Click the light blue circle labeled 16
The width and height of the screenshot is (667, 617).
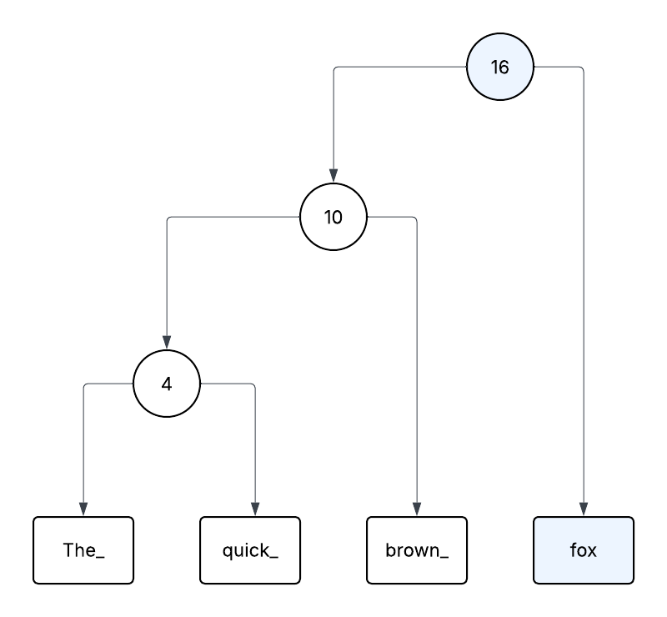(x=500, y=67)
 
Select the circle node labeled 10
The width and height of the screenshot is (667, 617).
(x=333, y=217)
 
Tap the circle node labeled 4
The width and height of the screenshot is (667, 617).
(x=167, y=384)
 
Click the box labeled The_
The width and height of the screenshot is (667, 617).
(x=83, y=550)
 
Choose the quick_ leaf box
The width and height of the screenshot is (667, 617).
(x=250, y=550)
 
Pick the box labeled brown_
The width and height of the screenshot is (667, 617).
(x=417, y=550)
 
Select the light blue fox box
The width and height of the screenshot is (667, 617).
(x=584, y=550)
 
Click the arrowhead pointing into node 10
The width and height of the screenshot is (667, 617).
(x=333, y=175)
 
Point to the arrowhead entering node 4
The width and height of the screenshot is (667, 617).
(x=167, y=342)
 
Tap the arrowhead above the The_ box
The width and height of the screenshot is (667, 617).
(x=83, y=509)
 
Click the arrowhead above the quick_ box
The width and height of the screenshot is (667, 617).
(x=254, y=509)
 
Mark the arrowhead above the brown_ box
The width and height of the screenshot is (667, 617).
(x=417, y=509)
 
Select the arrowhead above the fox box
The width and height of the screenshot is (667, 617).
(x=584, y=509)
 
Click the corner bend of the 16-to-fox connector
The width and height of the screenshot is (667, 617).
(x=582, y=68)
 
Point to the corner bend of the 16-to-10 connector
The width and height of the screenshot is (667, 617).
(x=335, y=68)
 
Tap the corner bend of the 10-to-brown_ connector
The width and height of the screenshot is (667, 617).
(x=415, y=218)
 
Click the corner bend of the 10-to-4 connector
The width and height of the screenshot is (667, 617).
(x=168, y=218)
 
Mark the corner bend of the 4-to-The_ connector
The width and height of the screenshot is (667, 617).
(x=85, y=385)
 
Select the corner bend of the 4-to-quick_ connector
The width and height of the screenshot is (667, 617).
(x=253, y=385)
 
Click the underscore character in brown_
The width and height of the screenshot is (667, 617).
(x=444, y=556)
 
